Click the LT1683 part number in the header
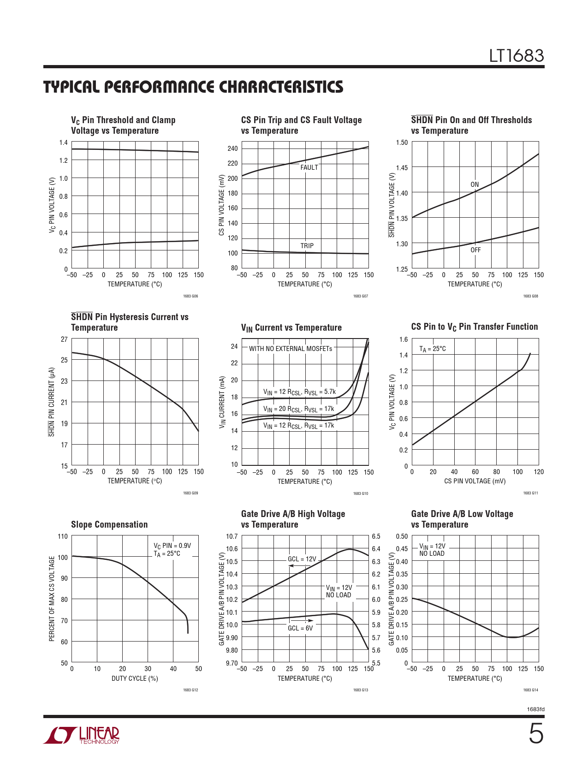tap(517, 56)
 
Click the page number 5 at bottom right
tap(536, 733)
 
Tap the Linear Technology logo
tap(82, 735)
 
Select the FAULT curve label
tap(309, 167)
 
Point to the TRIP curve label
tap(307, 246)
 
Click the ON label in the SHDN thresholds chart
tap(475, 184)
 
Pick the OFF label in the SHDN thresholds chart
tap(475, 250)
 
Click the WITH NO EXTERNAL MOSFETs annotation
tap(291, 349)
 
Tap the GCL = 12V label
tap(302, 559)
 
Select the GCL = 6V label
tap(300, 628)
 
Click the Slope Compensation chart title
tap(109, 524)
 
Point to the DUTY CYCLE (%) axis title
tap(135, 678)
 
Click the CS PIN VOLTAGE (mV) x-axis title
tap(475, 481)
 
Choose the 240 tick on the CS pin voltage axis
tap(232, 149)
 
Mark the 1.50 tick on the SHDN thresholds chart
tap(402, 143)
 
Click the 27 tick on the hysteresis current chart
tap(64, 339)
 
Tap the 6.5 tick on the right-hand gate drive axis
tap(376, 536)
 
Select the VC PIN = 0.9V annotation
tap(172, 546)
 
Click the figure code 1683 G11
tap(530, 493)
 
